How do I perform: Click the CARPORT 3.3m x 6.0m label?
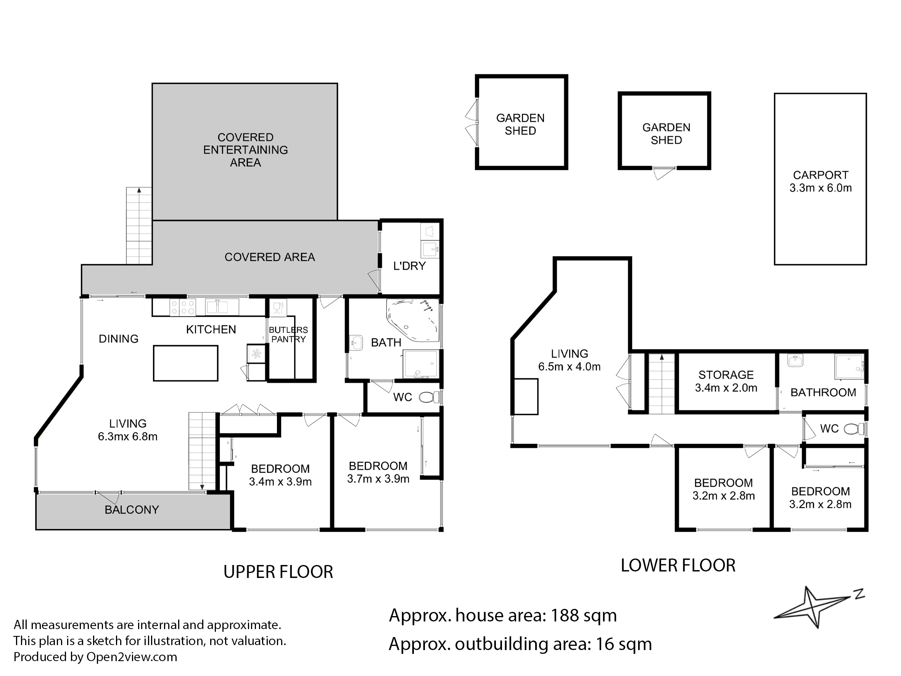click(x=821, y=181)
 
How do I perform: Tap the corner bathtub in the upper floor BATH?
click(x=413, y=321)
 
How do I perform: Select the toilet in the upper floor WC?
click(x=429, y=397)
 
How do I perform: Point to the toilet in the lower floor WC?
click(x=853, y=429)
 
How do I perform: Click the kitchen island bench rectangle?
click(x=186, y=363)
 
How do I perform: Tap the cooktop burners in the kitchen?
click(x=182, y=307)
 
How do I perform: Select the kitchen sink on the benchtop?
click(x=217, y=307)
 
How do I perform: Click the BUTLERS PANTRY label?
click(x=288, y=335)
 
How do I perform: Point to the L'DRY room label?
click(x=409, y=266)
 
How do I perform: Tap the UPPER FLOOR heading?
click(x=278, y=572)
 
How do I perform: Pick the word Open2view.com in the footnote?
click(x=132, y=657)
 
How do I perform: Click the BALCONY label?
click(x=132, y=510)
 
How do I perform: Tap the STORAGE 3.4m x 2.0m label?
click(x=726, y=381)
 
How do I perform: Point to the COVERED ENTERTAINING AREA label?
click(x=246, y=150)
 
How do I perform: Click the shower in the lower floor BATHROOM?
click(x=849, y=367)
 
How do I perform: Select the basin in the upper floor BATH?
click(x=356, y=343)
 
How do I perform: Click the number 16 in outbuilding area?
click(x=605, y=644)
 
